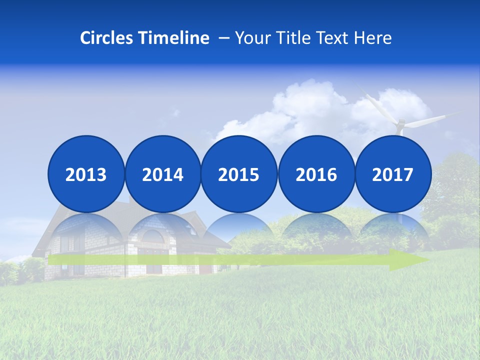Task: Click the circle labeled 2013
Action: [x=86, y=174]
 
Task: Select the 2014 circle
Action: [x=162, y=174]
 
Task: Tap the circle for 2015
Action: [x=239, y=174]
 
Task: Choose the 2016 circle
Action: [x=316, y=174]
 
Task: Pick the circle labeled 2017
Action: [x=393, y=174]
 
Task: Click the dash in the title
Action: [x=224, y=38]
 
